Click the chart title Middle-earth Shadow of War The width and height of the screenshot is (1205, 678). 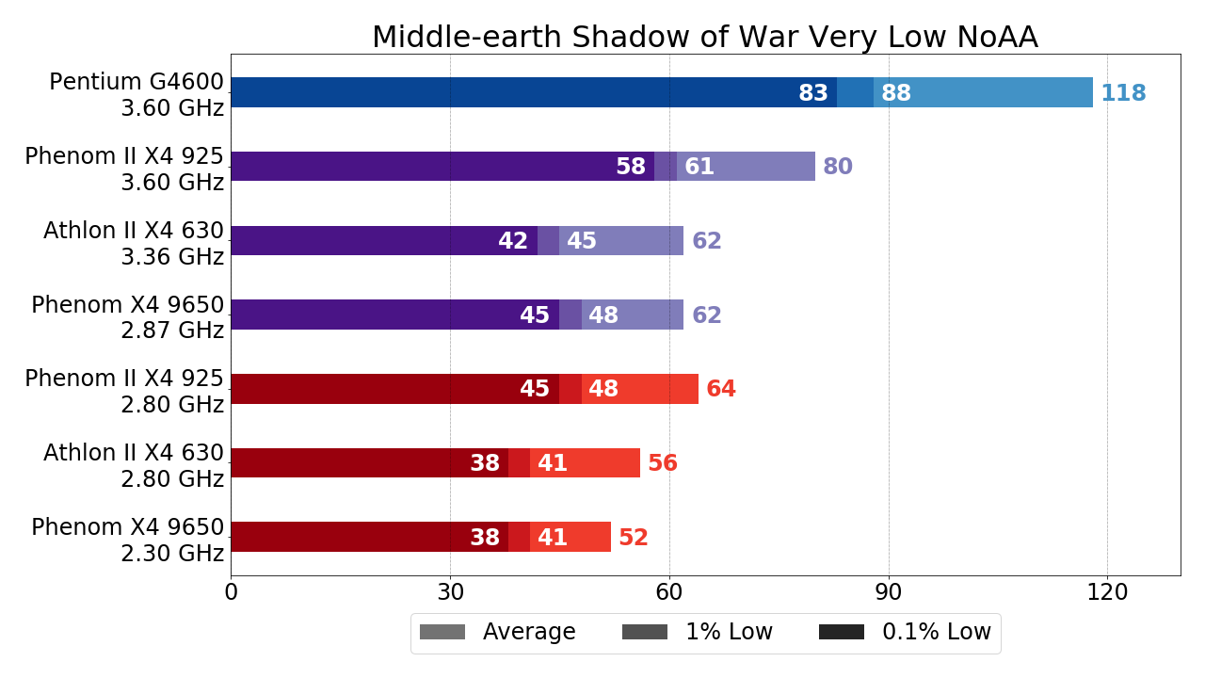(x=704, y=38)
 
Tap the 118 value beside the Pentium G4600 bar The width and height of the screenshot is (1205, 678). (x=1123, y=93)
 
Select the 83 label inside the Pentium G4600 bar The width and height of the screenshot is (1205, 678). (x=813, y=93)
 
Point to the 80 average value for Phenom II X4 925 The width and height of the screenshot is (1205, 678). (x=838, y=167)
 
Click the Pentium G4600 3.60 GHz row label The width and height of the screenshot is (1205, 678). (x=137, y=95)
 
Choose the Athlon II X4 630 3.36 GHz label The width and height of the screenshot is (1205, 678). (x=134, y=244)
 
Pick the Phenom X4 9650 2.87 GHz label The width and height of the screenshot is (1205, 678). (x=128, y=317)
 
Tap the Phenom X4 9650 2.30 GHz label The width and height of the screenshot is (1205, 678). (x=128, y=541)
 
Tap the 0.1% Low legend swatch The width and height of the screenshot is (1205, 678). (x=842, y=632)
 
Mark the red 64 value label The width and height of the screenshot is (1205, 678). (x=721, y=389)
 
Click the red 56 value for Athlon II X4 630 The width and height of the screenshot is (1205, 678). (x=663, y=463)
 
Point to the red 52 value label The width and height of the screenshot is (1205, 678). (x=634, y=538)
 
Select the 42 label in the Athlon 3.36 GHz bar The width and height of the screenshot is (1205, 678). (x=513, y=241)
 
